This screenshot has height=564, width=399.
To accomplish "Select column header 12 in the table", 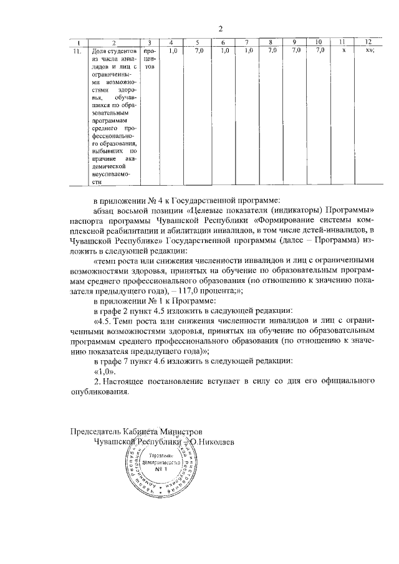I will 368,41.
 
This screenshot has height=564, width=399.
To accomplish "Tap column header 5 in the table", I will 197,41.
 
